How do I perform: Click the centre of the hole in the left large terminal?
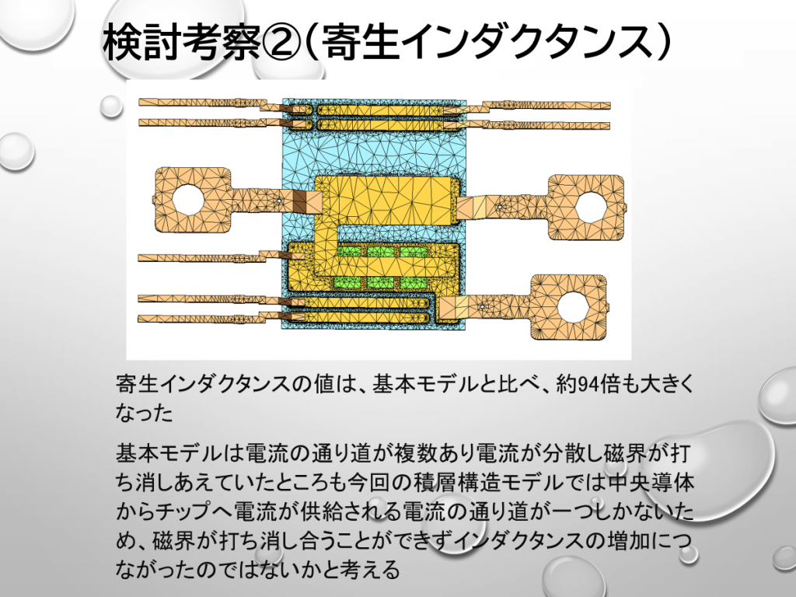[187, 199]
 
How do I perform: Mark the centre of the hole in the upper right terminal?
[591, 208]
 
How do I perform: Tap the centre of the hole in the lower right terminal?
[573, 307]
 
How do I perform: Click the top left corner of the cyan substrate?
[282, 99]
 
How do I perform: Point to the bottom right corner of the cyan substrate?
[466, 329]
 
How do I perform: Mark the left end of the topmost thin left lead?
[139, 102]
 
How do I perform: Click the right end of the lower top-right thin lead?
[610, 125]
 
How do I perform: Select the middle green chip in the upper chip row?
[381, 252]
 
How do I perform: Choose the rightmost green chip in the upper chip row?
[414, 252]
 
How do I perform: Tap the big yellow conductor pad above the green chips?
[387, 201]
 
